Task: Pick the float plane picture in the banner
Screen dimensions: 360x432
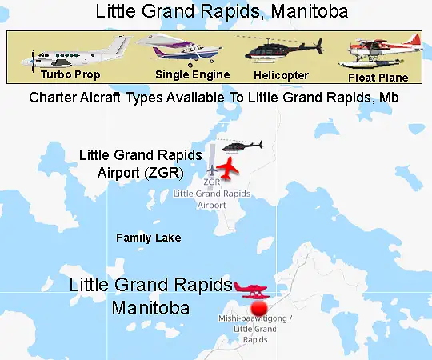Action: (x=379, y=52)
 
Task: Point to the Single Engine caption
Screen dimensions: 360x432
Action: (x=192, y=75)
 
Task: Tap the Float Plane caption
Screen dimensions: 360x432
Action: (x=378, y=78)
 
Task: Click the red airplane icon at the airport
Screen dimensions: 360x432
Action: (x=227, y=169)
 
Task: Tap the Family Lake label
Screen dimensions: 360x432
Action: (x=149, y=238)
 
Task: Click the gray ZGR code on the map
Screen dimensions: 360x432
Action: (x=212, y=182)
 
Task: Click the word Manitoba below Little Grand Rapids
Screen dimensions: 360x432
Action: (x=151, y=307)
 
